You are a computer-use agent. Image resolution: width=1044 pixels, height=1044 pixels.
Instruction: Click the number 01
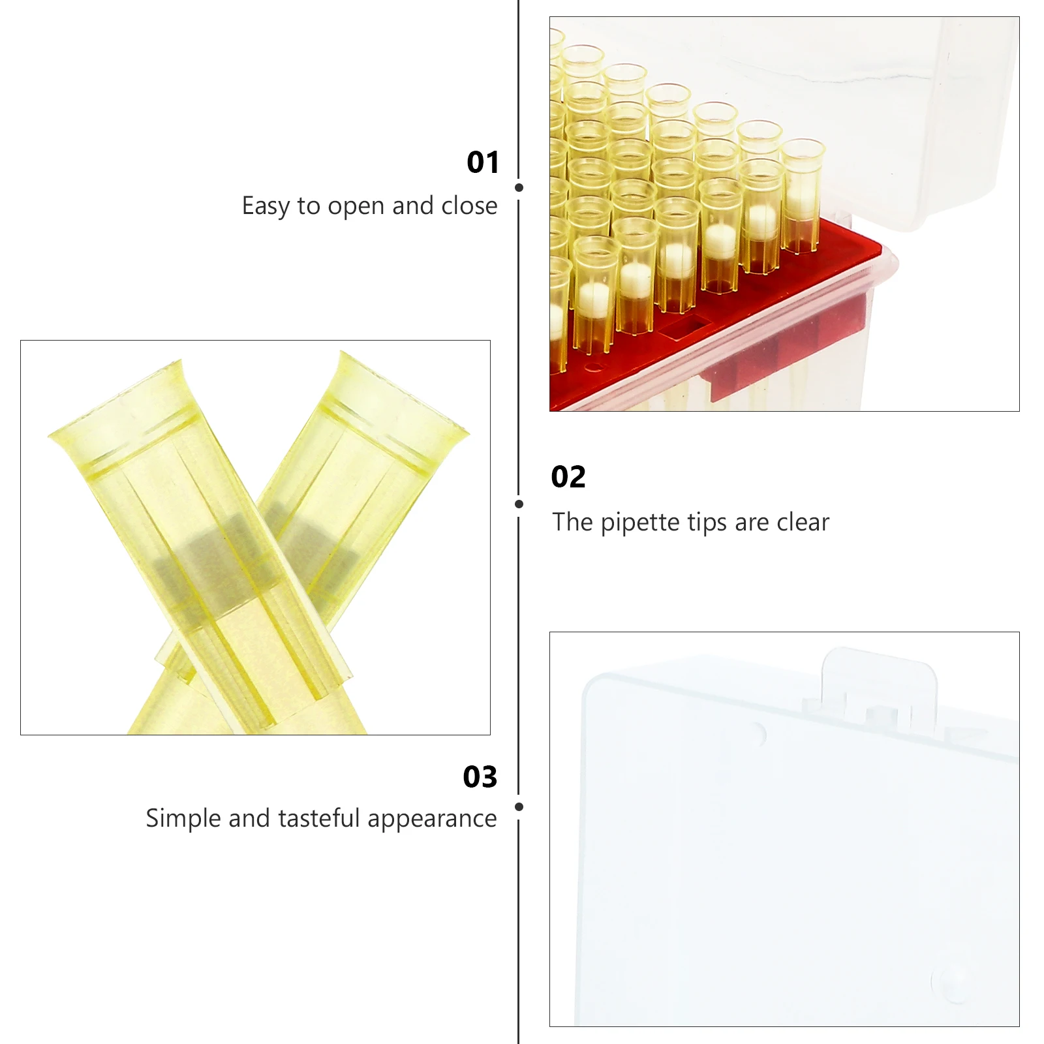(483, 162)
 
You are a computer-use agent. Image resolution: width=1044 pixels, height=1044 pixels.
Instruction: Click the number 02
(568, 477)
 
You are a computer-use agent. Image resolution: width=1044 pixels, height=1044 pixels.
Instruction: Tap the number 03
(480, 777)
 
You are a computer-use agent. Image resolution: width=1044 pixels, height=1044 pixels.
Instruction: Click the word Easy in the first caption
(266, 206)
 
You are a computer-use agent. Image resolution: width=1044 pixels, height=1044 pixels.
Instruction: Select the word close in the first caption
(469, 206)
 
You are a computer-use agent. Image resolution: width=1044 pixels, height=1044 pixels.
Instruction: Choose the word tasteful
(319, 818)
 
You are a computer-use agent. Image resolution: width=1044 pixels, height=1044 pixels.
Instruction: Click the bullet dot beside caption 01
(519, 188)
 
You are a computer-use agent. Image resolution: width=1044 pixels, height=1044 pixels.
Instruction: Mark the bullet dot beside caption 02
(519, 504)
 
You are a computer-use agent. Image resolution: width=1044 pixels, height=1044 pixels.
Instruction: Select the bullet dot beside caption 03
(519, 807)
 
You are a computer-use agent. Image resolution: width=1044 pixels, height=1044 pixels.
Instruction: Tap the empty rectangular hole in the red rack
(683, 326)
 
